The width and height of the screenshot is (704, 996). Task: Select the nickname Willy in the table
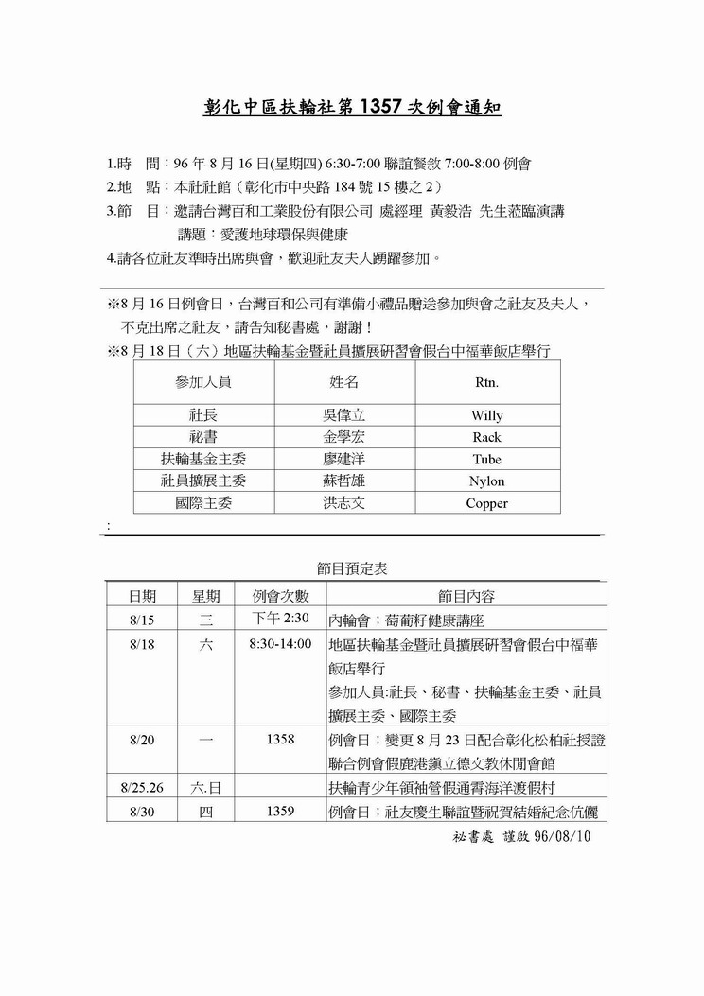(x=487, y=415)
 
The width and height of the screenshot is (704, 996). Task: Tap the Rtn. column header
(x=486, y=383)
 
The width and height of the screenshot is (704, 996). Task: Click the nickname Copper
(x=487, y=503)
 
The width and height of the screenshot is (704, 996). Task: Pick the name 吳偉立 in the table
(x=343, y=415)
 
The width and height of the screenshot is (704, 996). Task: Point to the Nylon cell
(x=487, y=481)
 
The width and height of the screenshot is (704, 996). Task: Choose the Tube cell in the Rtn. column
(x=487, y=460)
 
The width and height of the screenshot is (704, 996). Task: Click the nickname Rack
(x=487, y=437)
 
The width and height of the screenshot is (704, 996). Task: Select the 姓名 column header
(x=343, y=383)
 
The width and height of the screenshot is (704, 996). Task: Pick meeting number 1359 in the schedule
(x=280, y=811)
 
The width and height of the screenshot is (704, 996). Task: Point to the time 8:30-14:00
(x=280, y=644)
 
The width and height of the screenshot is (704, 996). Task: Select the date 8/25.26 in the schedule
(x=143, y=787)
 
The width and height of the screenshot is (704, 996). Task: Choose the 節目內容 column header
(x=466, y=596)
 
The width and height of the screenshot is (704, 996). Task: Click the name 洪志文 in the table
(x=343, y=503)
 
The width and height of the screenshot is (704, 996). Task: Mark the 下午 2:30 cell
(x=281, y=620)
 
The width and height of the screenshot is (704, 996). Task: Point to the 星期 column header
(x=206, y=596)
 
